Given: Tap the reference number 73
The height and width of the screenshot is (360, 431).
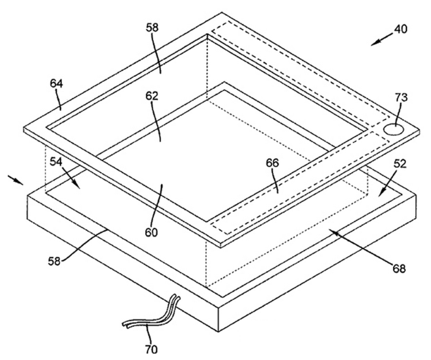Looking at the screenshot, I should (402, 97).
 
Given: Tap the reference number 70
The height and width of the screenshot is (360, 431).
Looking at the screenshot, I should (151, 350).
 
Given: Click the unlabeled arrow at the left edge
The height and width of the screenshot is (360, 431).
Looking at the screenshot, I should (16, 179).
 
